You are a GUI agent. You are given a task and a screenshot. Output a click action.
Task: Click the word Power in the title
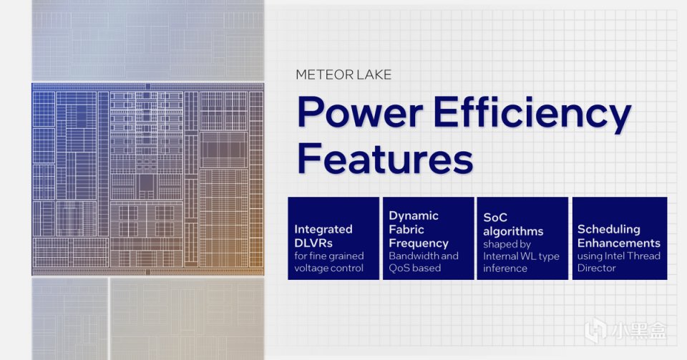pos(360,113)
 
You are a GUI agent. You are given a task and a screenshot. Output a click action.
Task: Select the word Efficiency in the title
pos(532,114)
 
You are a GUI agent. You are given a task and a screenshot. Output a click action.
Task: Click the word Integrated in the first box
pos(323,230)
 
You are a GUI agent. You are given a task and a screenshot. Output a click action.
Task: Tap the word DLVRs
pos(313,243)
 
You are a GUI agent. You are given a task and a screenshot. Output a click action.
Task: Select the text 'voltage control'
pos(328,268)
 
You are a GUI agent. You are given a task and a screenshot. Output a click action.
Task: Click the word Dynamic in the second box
pos(414,216)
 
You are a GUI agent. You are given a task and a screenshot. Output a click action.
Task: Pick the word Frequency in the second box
pos(419,243)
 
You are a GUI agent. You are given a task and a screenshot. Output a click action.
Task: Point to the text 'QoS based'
pos(414,268)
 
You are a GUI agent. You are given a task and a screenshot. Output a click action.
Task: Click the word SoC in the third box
pos(495,218)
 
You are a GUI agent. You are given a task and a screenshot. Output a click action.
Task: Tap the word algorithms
pos(513,232)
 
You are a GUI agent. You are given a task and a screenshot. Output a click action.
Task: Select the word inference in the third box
pos(505,268)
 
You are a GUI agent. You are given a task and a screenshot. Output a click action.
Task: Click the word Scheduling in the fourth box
pos(608,230)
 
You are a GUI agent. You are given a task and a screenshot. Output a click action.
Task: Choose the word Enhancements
pos(618,243)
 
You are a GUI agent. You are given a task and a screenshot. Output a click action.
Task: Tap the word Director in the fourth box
pos(596,268)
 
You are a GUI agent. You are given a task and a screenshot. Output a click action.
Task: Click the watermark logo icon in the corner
pos(595,330)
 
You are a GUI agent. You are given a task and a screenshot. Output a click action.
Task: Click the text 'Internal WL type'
pos(521,256)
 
